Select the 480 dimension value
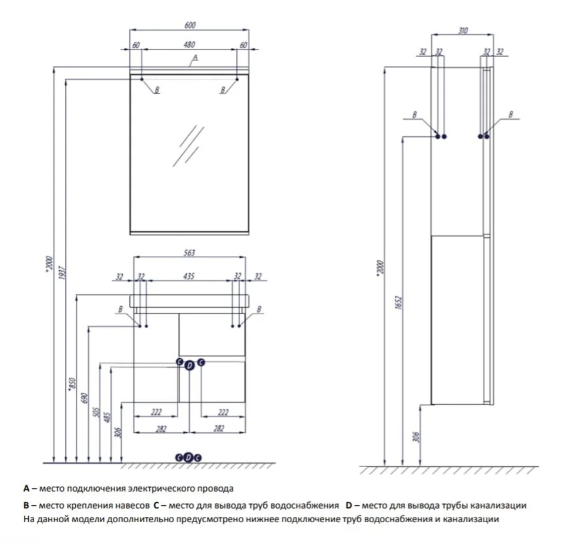[x=189, y=45]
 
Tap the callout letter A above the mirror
[x=196, y=57]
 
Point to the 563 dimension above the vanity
[x=189, y=253]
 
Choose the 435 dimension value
[x=189, y=275]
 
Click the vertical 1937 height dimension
[x=63, y=276]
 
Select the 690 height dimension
[x=85, y=398]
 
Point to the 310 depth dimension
[x=463, y=31]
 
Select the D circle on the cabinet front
[x=189, y=366]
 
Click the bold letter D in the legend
[x=348, y=505]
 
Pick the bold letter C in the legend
[x=156, y=505]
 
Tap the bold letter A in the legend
[x=26, y=488]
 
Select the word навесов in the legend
[x=133, y=505]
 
